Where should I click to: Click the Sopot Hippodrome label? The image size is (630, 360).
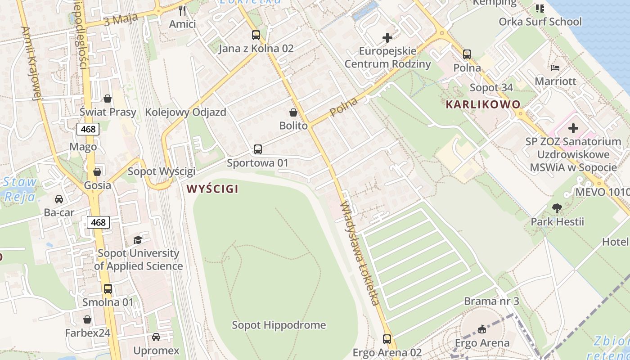tap(279, 325)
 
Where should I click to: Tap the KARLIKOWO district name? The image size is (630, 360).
tap(483, 104)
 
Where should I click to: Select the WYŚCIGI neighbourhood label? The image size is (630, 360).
tap(212, 189)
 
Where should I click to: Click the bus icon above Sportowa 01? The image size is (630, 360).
tap(257, 149)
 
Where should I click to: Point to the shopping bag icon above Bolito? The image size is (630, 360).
tap(293, 112)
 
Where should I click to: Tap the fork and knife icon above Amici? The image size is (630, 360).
tap(182, 10)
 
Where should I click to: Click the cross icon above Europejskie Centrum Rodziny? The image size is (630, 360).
tap(387, 38)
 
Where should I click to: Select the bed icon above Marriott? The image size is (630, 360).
tap(555, 68)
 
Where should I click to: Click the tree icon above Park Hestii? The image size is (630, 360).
tap(557, 208)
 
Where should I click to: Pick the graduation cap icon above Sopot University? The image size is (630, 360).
tap(138, 240)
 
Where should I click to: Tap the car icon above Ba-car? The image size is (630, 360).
tap(59, 199)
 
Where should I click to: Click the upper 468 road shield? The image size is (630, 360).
tap(88, 130)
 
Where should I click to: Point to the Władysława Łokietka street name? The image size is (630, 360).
tap(360, 253)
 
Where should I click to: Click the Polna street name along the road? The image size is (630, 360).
tap(344, 107)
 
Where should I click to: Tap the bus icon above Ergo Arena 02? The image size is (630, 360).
tap(387, 339)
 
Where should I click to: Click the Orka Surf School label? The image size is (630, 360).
tap(540, 22)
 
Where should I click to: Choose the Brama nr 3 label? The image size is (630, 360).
tap(491, 301)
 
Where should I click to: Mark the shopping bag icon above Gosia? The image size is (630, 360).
tap(97, 172)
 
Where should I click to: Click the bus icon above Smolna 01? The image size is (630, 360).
tap(108, 289)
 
